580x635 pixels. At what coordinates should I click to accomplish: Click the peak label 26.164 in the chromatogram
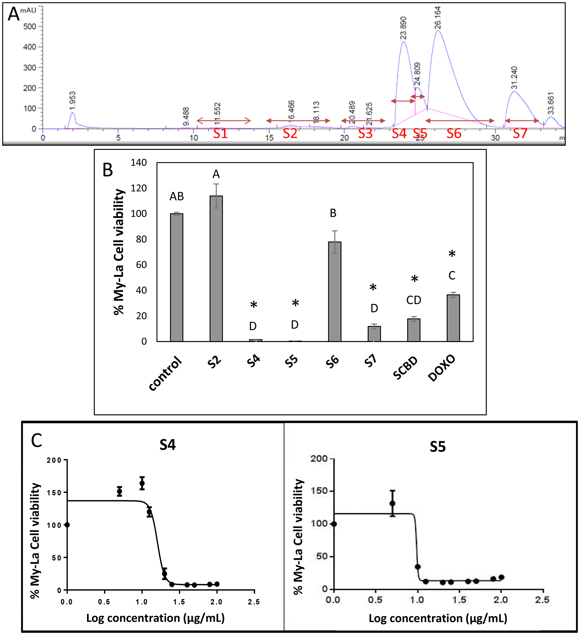(438, 18)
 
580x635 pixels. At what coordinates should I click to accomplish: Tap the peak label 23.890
(403, 28)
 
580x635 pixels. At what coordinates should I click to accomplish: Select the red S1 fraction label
(220, 133)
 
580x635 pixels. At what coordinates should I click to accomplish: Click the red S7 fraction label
(520, 133)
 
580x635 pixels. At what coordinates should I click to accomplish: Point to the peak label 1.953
(72, 100)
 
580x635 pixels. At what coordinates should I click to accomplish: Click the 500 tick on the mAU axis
(30, 26)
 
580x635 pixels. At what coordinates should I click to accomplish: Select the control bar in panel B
(176, 277)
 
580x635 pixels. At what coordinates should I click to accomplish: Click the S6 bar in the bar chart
(334, 291)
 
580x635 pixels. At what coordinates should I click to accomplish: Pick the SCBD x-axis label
(405, 368)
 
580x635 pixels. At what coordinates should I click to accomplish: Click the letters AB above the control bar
(176, 197)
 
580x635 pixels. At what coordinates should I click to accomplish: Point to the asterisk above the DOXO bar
(452, 254)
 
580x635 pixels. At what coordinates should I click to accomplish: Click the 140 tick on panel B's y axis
(139, 162)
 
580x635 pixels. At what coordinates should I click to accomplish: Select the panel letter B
(108, 170)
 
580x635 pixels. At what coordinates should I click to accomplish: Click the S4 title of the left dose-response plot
(167, 445)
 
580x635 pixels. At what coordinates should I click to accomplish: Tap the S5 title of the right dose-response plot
(437, 447)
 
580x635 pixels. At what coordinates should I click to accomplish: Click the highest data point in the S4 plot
(142, 483)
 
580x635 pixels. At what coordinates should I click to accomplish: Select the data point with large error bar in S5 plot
(392, 503)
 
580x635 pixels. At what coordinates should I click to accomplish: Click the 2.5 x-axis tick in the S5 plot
(542, 600)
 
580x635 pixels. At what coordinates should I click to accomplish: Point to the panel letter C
(37, 441)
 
